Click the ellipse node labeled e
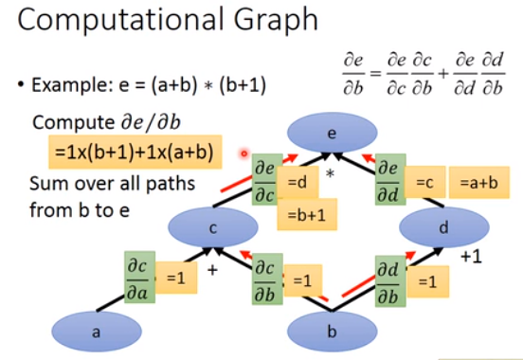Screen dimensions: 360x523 point(332,134)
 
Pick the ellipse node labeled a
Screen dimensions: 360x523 point(95,332)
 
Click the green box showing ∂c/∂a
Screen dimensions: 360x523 point(139,275)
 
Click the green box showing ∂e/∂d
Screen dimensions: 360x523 point(390,178)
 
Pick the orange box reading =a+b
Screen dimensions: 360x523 point(479,181)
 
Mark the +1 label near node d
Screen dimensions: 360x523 point(472,257)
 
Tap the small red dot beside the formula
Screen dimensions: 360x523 point(243,153)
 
